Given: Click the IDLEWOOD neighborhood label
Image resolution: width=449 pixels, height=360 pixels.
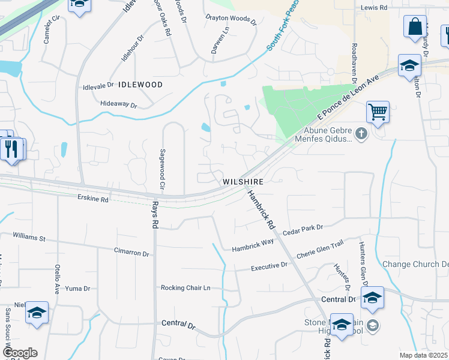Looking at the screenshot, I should pos(140,85).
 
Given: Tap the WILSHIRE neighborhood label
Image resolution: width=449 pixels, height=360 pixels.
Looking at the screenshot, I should pos(243,181).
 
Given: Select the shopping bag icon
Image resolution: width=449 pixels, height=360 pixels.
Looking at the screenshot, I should pos(415,27).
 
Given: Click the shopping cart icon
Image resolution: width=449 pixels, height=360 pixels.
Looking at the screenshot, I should pos(378,111).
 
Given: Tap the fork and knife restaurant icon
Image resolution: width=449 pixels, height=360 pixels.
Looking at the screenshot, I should pos(11,149).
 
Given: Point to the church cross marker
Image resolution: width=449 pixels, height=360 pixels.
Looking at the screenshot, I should pos(361,134).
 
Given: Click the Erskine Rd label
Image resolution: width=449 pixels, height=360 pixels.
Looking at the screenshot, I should pos(93,198).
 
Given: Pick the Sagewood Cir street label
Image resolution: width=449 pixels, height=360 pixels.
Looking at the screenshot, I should pos(161,170).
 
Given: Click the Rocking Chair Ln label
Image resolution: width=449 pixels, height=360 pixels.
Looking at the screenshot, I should pos(185,288).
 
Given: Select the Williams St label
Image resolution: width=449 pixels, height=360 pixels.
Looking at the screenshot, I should pos(29,238).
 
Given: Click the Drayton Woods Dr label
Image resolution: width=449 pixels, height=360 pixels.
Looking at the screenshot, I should pos(231,19).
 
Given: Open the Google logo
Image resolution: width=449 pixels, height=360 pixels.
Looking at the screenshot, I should pos(19,353).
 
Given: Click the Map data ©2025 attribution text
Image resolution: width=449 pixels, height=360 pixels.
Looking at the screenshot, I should pos(423,355).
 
